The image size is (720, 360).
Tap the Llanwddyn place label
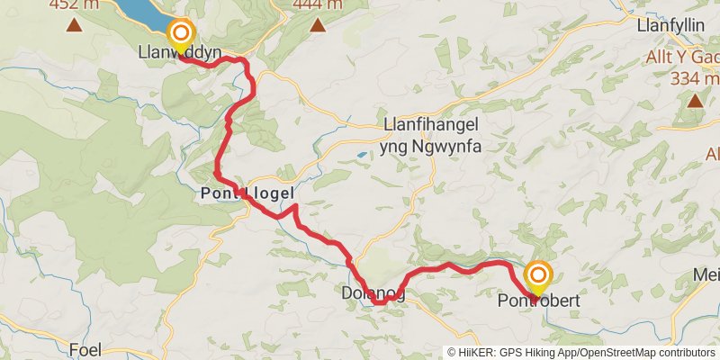tap(180, 54)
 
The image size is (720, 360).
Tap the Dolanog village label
tap(373, 293)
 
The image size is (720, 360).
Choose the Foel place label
tap(86, 349)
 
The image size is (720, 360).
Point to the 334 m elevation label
tap(695, 78)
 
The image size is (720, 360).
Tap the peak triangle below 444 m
tap(317, 24)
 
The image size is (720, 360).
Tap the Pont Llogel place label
tap(247, 193)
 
